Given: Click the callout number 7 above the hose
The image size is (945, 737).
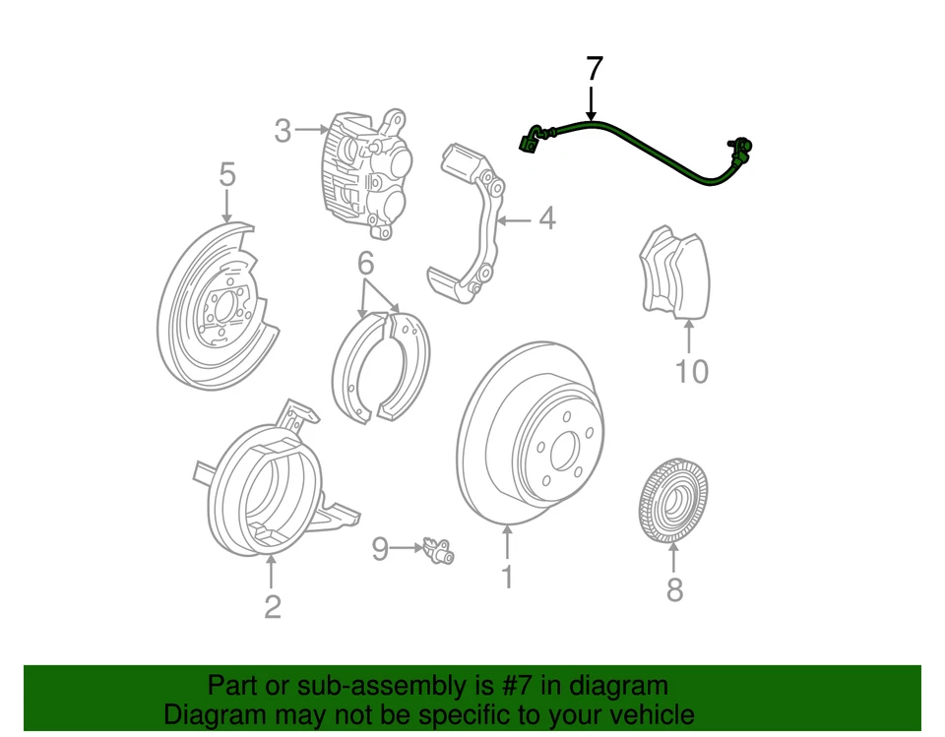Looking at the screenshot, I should coord(593,70).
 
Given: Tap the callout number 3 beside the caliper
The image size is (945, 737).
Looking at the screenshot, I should coord(283,131).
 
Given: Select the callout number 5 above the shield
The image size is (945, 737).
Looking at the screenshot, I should coord(227,176).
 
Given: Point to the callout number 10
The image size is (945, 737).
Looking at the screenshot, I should coord(692,372).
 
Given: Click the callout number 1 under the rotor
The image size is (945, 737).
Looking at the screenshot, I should coord(507,576).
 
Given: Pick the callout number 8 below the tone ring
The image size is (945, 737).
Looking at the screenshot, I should coord(674,589).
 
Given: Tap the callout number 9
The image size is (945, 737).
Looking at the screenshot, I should coord(381,549).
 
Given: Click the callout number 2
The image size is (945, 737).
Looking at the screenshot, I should coord(273,606).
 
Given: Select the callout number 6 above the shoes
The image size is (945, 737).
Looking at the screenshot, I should coord(365,264).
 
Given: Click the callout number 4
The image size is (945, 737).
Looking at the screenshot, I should coord(546,218).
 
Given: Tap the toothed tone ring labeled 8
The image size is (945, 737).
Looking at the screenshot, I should coord(674,503).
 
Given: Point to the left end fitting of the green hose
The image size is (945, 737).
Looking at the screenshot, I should coord(531,139).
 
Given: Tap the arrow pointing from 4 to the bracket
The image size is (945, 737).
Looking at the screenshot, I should coord(516,218).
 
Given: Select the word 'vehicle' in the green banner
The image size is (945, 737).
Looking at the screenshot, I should coord(643,714).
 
